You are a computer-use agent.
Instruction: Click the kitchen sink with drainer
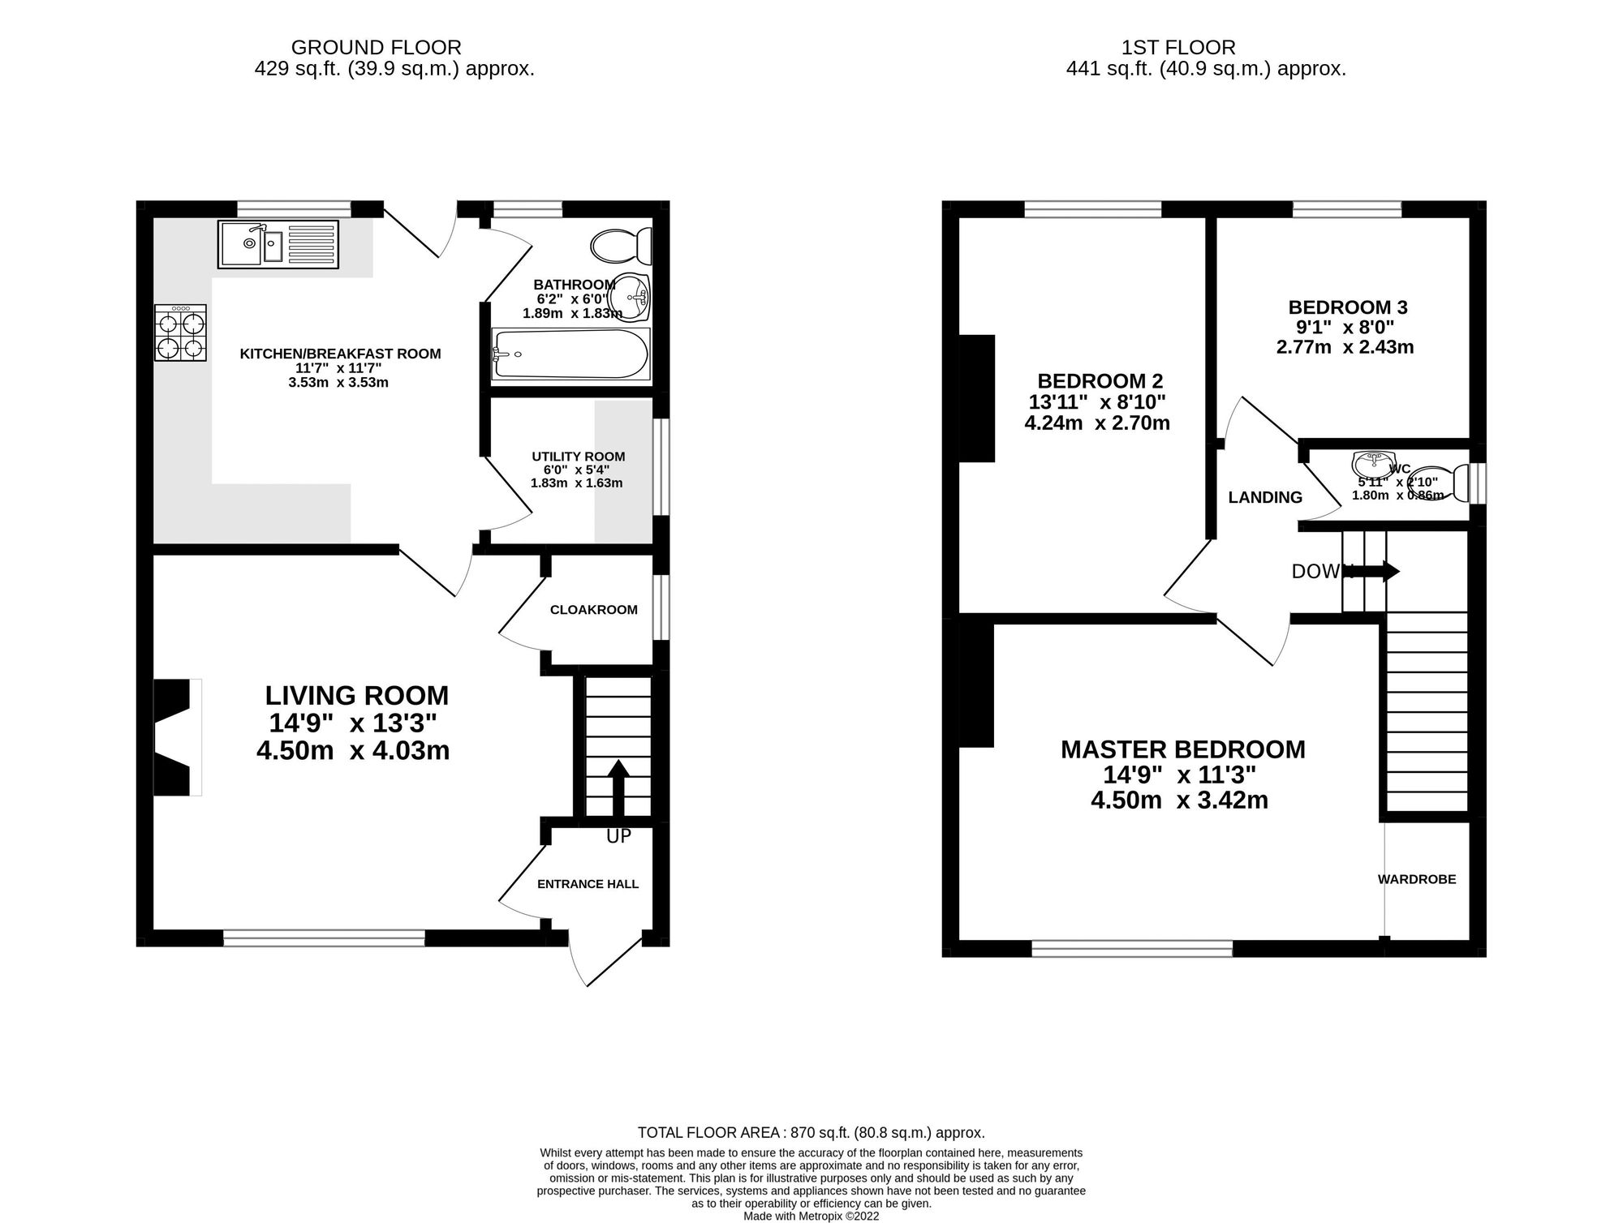click(278, 244)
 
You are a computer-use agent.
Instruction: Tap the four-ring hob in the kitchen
click(181, 333)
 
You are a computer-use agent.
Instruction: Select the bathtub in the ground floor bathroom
click(570, 354)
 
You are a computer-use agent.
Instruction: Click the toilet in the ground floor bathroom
click(622, 245)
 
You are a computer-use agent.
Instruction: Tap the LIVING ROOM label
click(356, 696)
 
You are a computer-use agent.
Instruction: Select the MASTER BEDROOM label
click(1182, 749)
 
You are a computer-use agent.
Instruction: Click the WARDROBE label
click(1417, 879)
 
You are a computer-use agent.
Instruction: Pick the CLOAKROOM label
click(593, 610)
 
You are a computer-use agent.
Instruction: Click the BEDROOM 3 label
click(1348, 307)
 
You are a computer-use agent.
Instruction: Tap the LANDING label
click(1264, 498)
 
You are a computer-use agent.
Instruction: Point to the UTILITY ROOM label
click(578, 457)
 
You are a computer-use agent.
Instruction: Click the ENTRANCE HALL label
click(588, 884)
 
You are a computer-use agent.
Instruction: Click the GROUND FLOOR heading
click(377, 48)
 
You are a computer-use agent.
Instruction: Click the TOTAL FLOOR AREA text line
click(811, 1133)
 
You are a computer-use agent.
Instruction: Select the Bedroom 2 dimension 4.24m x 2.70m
click(1096, 423)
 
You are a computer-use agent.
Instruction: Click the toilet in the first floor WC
click(1449, 483)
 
